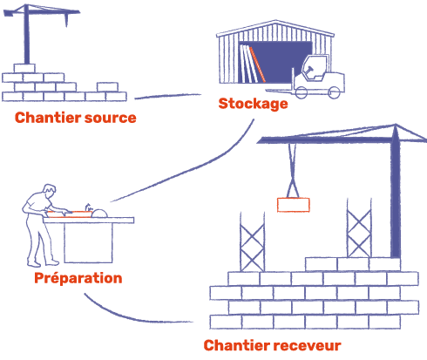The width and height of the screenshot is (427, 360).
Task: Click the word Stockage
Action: click(253, 104)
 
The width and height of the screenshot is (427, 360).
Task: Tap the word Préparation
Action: click(78, 278)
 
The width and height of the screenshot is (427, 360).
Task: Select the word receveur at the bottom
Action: click(307, 345)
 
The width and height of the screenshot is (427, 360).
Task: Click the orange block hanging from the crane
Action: click(294, 205)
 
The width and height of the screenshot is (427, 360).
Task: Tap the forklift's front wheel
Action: click(302, 92)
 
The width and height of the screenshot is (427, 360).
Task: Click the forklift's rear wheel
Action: click(334, 92)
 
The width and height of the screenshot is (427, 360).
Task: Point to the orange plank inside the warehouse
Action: click(257, 65)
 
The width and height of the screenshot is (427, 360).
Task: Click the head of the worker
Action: click(50, 190)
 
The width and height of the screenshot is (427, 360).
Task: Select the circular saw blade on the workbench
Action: click(99, 214)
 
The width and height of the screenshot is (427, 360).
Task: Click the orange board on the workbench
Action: click(70, 214)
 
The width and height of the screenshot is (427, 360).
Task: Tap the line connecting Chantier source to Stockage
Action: click(168, 96)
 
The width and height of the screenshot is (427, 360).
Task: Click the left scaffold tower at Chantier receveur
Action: click(252, 242)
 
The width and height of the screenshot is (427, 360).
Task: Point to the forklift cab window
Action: click(315, 67)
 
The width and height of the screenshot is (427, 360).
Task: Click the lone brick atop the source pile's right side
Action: click(107, 87)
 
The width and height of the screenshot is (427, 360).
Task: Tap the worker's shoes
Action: click(43, 264)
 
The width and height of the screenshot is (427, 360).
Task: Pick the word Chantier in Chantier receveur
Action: click(237, 345)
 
